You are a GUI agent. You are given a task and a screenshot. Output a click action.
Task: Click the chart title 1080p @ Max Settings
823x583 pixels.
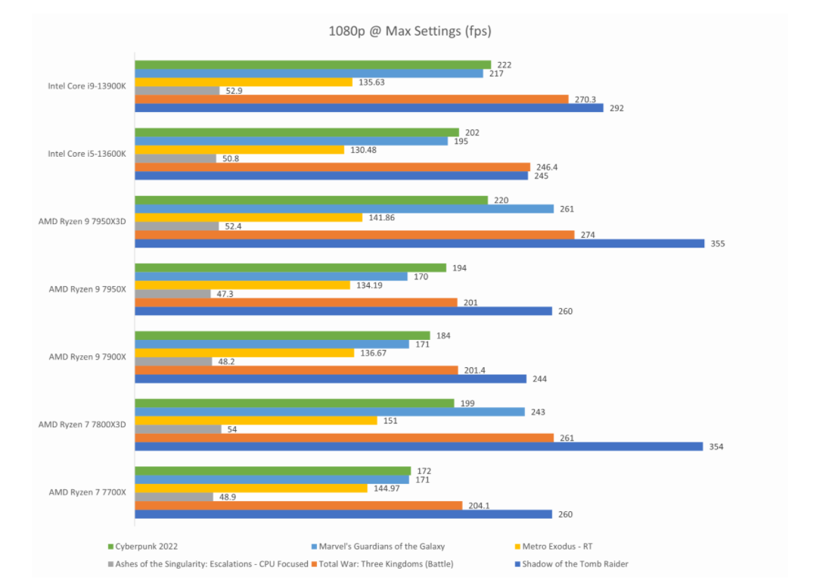410,31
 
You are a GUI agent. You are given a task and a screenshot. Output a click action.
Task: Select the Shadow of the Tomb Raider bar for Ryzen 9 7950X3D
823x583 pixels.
420,243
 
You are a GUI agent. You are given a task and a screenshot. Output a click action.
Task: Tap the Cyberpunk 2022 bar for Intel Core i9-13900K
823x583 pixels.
313,65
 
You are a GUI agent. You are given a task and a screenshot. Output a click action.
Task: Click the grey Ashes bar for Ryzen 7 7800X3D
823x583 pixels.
179,429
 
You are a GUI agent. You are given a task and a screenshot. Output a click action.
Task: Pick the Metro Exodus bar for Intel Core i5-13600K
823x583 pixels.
240,150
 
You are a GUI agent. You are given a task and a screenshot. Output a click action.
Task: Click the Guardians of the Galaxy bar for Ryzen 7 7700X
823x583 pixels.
272,480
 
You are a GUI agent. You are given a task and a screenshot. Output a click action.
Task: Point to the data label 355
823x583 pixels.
717,244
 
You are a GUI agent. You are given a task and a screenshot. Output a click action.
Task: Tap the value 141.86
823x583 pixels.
380,218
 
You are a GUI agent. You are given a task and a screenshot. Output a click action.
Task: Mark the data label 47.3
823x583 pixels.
225,294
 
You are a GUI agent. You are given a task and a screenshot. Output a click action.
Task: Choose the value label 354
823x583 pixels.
716,447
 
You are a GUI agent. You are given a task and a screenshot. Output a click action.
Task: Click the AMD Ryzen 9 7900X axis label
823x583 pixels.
87,357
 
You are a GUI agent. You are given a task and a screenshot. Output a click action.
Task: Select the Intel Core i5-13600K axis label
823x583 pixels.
86,154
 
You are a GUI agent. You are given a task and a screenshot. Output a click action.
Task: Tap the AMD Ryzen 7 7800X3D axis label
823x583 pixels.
82,425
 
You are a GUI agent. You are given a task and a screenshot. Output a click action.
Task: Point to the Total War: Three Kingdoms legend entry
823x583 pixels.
388,563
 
